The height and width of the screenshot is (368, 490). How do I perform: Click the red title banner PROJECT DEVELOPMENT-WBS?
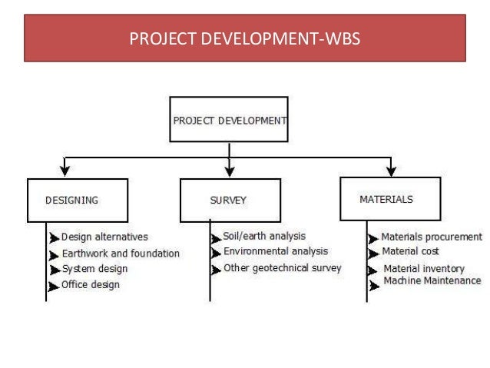click(245, 37)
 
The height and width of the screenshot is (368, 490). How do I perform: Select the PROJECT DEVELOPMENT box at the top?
click(229, 120)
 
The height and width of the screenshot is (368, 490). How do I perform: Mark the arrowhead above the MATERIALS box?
click(391, 171)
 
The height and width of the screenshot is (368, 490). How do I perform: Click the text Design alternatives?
click(104, 237)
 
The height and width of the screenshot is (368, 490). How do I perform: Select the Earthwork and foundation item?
click(121, 253)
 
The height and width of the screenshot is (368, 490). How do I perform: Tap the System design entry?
click(94, 269)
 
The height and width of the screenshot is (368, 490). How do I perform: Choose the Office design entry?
click(91, 285)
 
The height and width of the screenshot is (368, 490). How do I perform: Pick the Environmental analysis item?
click(275, 251)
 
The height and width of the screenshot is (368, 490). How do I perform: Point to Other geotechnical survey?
click(282, 268)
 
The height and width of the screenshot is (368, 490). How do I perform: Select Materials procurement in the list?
click(432, 237)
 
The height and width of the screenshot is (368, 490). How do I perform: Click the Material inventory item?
click(424, 269)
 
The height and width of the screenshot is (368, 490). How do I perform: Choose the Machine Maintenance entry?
click(427, 282)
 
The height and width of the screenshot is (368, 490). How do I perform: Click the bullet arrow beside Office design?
click(54, 287)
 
